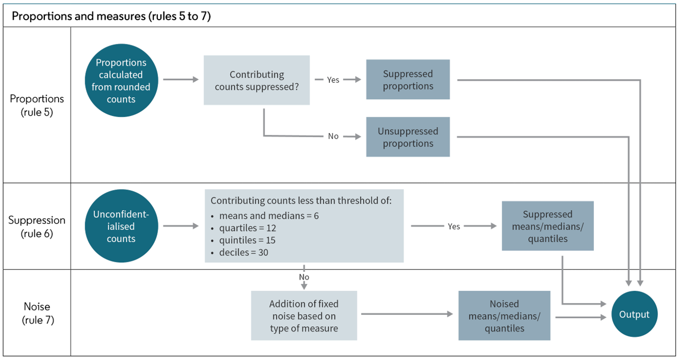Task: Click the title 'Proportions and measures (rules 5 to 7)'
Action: point(111,16)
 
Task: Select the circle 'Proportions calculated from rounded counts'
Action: point(121,81)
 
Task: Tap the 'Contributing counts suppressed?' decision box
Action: point(257,80)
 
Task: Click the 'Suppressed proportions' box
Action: point(408,80)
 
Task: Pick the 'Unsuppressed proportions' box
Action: point(408,137)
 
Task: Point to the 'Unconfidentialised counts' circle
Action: point(121,226)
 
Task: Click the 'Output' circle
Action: point(634,314)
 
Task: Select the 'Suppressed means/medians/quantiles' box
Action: point(547,226)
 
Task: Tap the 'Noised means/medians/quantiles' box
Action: point(504,316)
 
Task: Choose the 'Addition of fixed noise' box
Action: point(304,316)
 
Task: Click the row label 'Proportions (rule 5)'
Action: point(37,105)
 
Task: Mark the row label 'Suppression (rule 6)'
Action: point(37,227)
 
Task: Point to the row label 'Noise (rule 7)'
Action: point(37,313)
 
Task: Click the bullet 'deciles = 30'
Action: point(243,252)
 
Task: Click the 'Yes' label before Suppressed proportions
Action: point(333,80)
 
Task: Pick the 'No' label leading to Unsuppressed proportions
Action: point(333,136)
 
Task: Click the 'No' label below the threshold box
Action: point(304,277)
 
